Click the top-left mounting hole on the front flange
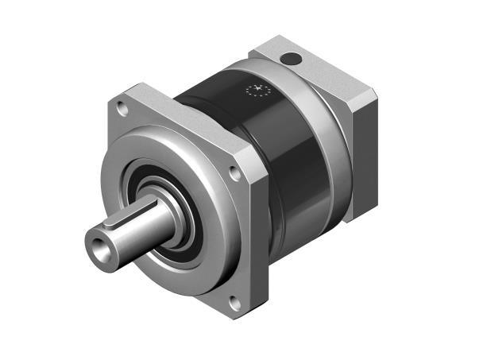122,103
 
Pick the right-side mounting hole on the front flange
234,171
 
